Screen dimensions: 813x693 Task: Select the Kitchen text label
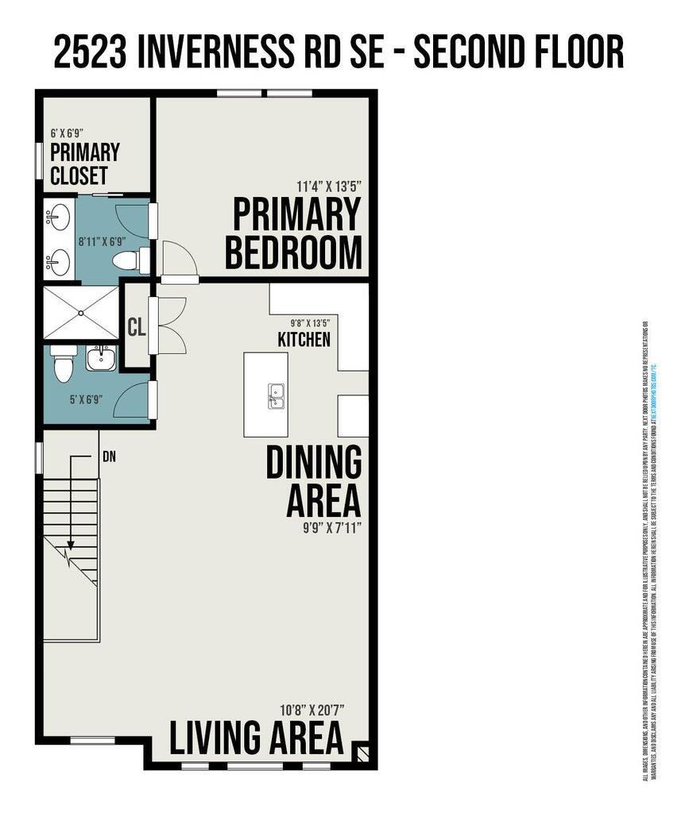(x=304, y=339)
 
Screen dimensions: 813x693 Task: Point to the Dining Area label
(x=313, y=481)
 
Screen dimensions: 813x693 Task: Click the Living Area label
(x=257, y=738)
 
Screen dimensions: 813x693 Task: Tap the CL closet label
(x=137, y=326)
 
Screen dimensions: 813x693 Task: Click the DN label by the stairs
(x=110, y=457)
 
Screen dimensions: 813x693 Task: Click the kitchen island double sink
(x=276, y=395)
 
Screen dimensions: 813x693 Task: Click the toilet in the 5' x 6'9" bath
(x=62, y=364)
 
